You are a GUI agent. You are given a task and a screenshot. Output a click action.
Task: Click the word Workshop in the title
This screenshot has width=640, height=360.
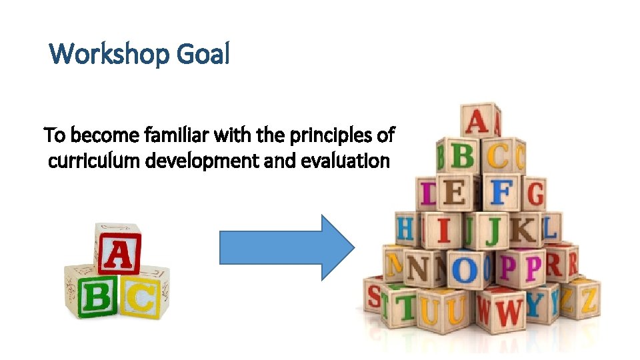click(109, 54)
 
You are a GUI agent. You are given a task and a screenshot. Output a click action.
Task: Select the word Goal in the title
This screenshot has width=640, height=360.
click(203, 54)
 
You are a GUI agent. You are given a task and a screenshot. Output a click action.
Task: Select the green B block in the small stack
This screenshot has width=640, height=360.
click(97, 297)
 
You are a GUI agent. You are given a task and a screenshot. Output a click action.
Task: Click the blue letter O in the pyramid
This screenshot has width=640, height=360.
click(465, 269)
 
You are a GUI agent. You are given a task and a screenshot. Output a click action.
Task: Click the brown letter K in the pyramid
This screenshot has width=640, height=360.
click(526, 230)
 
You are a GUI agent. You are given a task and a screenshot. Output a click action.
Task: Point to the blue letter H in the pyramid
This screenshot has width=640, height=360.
click(405, 229)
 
